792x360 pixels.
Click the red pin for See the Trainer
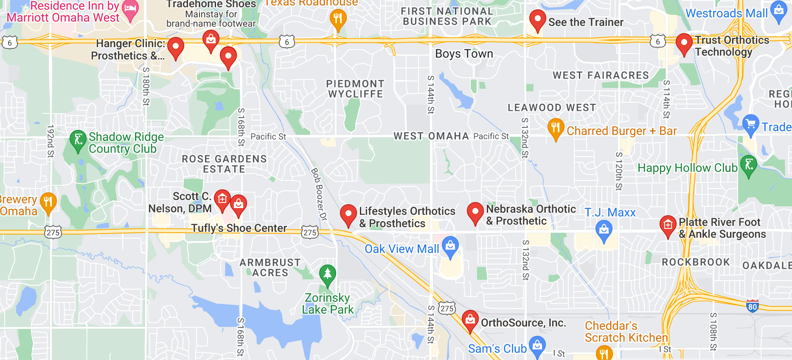point(537,20)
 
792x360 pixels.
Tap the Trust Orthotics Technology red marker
point(684,43)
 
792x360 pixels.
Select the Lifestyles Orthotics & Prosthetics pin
point(348,214)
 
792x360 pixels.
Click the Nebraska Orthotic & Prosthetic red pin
point(475,212)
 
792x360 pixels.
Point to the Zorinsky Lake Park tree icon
point(327,274)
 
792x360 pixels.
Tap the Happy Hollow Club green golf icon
point(748,165)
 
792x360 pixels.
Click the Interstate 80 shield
point(752,306)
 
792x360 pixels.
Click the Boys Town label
point(464,54)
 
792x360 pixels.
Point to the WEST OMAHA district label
point(431,136)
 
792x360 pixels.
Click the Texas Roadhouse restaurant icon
point(338,19)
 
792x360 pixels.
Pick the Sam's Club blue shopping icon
point(537,346)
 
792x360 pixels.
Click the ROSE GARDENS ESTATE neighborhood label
point(224,164)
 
